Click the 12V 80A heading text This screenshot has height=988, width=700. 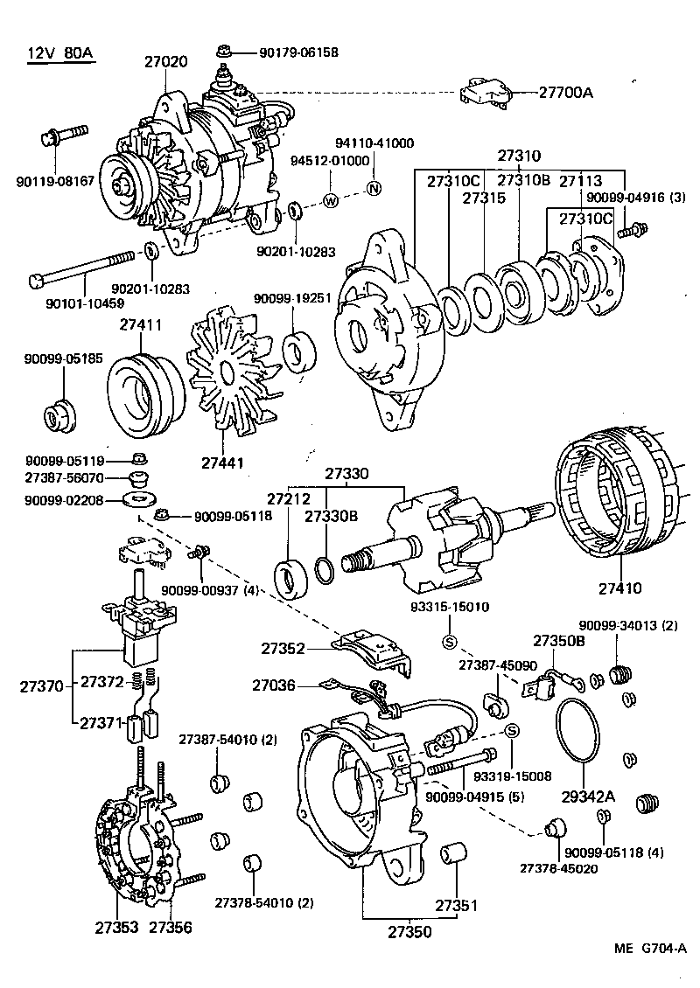pos(59,54)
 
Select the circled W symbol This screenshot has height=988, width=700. pos(331,200)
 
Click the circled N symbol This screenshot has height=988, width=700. pos(373,189)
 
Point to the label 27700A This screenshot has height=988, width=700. pos(565,91)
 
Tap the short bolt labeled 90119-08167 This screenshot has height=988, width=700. pos(64,136)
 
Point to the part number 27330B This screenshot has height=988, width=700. pos(331,516)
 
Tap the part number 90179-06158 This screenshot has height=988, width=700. pos(298,52)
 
